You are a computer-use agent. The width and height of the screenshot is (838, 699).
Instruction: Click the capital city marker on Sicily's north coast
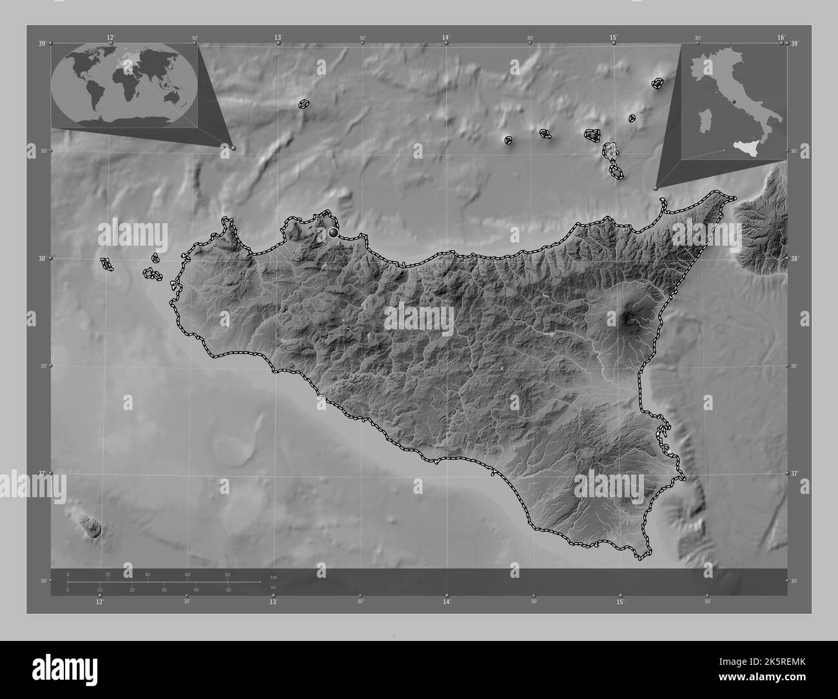pos(333,231)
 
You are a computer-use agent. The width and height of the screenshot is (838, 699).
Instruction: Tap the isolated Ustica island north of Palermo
pos(303,103)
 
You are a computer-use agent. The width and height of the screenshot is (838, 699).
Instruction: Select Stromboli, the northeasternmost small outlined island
pos(658,83)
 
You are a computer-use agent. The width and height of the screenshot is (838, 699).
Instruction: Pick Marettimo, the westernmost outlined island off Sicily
pos(106,263)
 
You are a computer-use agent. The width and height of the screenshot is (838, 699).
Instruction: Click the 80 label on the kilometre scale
pos(228,575)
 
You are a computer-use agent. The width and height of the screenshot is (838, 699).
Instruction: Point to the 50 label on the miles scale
pos(228,590)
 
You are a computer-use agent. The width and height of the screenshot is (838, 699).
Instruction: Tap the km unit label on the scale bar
pos(273,576)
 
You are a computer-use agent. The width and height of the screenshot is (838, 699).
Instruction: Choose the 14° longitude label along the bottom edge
pos(447,602)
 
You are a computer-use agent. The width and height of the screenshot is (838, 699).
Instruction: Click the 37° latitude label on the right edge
pos(795,473)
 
